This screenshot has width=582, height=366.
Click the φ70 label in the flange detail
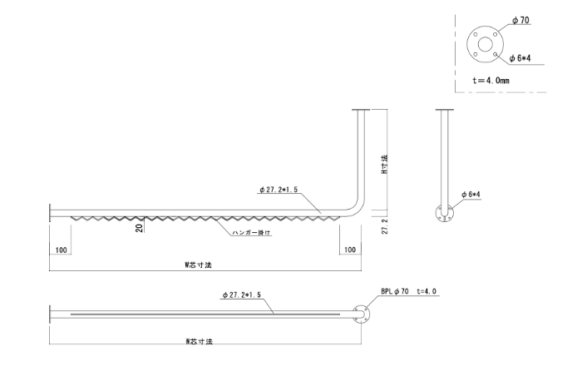click(520, 20)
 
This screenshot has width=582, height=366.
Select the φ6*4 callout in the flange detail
click(520, 58)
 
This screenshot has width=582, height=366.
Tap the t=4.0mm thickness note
click(491, 80)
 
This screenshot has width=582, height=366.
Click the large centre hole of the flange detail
click(485, 44)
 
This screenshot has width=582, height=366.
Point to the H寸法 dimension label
click(385, 164)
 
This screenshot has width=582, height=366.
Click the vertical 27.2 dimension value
click(385, 226)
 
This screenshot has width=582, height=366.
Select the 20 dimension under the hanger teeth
click(139, 228)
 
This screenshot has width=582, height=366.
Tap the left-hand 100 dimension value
click(61, 250)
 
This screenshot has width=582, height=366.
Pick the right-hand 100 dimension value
click(350, 250)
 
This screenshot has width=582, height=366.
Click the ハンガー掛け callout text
click(252, 233)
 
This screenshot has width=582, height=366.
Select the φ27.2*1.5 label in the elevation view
click(279, 190)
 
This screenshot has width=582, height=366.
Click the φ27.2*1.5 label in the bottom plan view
click(242, 295)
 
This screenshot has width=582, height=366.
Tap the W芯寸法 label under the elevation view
click(199, 265)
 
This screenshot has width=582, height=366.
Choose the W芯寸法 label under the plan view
click(200, 341)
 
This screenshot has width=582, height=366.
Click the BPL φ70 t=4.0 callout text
click(409, 291)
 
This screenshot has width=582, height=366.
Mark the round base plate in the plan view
click(361, 314)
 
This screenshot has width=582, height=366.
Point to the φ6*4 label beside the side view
click(471, 194)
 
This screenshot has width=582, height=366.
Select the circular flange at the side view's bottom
click(444, 213)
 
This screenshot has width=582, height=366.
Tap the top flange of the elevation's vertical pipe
click(361, 110)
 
